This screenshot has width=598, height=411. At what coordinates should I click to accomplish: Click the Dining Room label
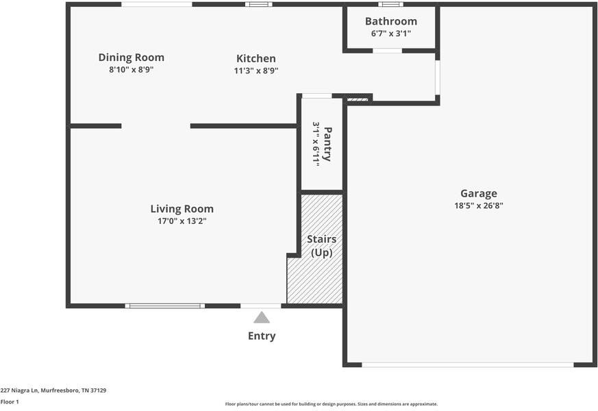point(131,58)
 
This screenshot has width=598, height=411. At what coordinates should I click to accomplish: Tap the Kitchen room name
point(256,59)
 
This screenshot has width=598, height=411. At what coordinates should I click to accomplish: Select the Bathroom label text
point(390,21)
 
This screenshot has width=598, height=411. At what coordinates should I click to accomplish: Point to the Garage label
point(478,193)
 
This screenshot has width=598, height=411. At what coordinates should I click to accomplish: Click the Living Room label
point(182,209)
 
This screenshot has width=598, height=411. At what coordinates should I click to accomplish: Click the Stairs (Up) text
point(321,246)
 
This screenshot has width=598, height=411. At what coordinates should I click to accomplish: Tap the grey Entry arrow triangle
point(262,318)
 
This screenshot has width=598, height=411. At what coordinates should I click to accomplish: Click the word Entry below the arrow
point(262,336)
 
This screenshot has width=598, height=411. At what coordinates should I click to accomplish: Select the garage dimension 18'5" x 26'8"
point(478,206)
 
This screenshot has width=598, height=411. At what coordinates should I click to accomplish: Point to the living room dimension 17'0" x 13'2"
point(182,221)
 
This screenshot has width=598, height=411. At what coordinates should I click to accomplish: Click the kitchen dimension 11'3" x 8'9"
point(256,71)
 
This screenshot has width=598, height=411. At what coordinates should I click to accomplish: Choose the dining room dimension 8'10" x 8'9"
point(131,70)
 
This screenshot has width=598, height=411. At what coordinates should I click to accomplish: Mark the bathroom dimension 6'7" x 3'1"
point(390,34)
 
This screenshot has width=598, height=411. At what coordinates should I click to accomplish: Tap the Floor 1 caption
point(10,402)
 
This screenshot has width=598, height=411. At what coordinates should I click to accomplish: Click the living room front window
point(164,306)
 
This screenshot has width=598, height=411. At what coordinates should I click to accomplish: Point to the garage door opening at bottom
point(467,364)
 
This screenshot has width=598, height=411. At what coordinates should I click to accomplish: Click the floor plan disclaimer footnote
point(331,404)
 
